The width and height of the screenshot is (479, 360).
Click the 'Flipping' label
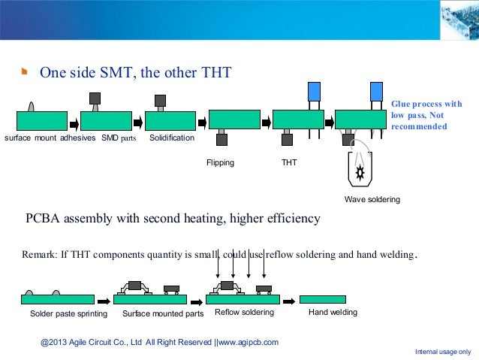(220, 162)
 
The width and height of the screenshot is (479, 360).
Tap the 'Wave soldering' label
(372, 200)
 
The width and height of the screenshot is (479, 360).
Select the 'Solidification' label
(171, 139)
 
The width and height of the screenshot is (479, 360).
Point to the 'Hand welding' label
(333, 313)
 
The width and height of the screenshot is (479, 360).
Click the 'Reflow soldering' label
(244, 313)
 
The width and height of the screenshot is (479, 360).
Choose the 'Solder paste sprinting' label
(68, 313)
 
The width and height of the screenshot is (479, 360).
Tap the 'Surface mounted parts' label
(162, 313)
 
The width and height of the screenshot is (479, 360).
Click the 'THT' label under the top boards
(288, 162)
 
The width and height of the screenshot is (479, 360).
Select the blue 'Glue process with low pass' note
(426, 115)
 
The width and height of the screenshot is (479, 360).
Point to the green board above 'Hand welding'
(322, 299)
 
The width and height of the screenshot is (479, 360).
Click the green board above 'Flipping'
(233, 119)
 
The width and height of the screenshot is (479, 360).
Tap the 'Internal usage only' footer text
(443, 352)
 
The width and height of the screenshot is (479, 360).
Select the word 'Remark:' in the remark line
(39, 254)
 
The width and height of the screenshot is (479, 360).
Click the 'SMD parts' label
(119, 139)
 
